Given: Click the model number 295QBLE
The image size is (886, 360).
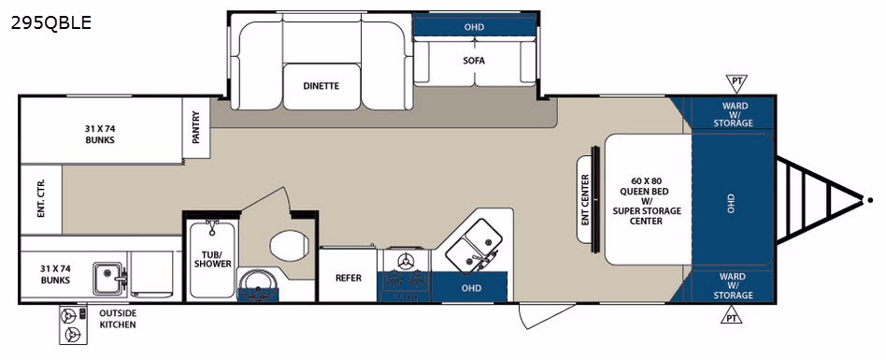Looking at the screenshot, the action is click(50, 23).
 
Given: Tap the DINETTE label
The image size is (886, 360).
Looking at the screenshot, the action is click(321, 86).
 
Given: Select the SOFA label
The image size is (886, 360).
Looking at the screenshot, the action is click(474, 61).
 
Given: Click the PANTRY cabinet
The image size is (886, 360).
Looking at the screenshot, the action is click(196, 128).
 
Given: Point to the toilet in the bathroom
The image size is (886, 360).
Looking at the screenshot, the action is click(289, 246).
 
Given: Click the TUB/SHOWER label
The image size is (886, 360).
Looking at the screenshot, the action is click(212, 259).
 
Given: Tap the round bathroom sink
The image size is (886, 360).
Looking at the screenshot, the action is click(258, 282).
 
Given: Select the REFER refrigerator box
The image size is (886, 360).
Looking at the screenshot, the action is click(348, 278).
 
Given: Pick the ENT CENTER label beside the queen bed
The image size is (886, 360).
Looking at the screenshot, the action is click(585, 199).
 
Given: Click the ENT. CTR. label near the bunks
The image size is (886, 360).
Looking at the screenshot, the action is click(41, 199).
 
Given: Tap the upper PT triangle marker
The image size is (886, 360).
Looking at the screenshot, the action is click(736, 82).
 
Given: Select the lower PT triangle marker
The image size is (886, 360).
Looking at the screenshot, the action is click(731, 315).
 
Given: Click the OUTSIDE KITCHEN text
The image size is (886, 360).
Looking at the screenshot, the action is click(118, 319).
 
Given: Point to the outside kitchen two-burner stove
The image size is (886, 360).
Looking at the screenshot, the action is click(73, 325).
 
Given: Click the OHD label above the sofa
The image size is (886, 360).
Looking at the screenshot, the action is click(474, 27).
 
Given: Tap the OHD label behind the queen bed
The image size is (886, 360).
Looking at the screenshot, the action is click(731, 199).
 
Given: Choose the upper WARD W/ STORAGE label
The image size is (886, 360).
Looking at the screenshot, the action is click(734, 114).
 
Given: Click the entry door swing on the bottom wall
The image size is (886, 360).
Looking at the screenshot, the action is click(546, 315).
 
